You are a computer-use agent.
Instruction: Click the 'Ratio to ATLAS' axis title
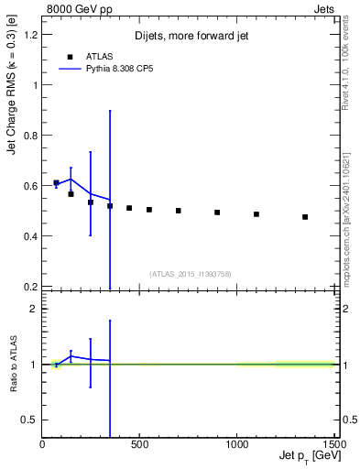coord(13,364)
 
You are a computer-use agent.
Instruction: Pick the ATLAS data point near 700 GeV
coord(179,211)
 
